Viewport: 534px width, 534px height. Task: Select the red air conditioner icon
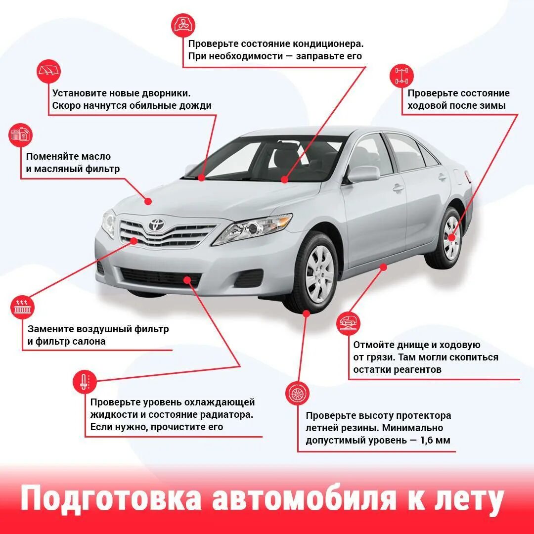[x=183, y=25]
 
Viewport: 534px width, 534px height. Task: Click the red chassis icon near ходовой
[x=401, y=76]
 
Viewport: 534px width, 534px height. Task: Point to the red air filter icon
[x=22, y=308]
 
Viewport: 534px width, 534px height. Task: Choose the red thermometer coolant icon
[x=85, y=381]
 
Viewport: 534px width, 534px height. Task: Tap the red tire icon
[x=297, y=394]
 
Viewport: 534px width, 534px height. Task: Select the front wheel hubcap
[x=319, y=273]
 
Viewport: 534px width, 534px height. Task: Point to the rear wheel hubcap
[x=451, y=238]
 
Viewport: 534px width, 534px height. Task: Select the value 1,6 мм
[x=435, y=440]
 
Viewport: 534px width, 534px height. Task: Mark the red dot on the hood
[x=148, y=201]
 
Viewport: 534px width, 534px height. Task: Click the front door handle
[x=398, y=188]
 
